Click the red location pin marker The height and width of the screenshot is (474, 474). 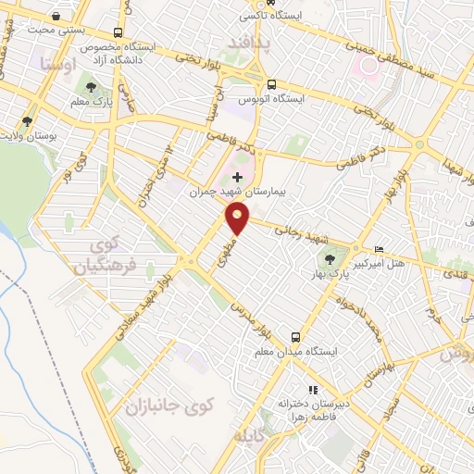(x=238, y=218)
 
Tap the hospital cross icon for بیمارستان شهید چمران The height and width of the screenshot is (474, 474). (x=238, y=177)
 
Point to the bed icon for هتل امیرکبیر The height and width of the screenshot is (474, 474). (x=378, y=250)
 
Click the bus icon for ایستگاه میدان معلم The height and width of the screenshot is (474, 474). (x=295, y=338)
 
